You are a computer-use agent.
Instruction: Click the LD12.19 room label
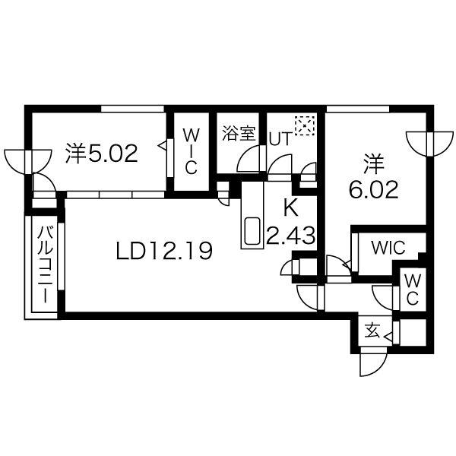click(x=164, y=251)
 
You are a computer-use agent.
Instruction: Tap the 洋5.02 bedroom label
click(x=102, y=154)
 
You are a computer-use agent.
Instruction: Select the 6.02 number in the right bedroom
click(x=373, y=189)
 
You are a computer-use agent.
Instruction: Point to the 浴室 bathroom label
click(x=239, y=133)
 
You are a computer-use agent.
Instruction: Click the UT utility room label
click(x=280, y=139)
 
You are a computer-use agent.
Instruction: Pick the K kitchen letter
click(x=291, y=208)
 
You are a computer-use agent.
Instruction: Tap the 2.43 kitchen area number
click(x=291, y=236)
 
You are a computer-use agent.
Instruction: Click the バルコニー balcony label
click(x=46, y=264)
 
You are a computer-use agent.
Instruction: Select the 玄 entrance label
click(x=372, y=331)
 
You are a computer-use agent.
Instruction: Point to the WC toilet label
click(x=413, y=290)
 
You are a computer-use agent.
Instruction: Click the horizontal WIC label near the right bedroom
click(x=388, y=248)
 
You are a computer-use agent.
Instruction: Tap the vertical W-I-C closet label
click(x=192, y=152)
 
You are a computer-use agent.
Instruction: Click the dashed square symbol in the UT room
click(x=305, y=125)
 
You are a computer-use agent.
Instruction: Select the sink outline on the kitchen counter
click(x=252, y=230)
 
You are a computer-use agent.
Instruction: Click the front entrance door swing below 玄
click(x=373, y=362)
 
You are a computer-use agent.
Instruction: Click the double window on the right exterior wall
click(x=430, y=144)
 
